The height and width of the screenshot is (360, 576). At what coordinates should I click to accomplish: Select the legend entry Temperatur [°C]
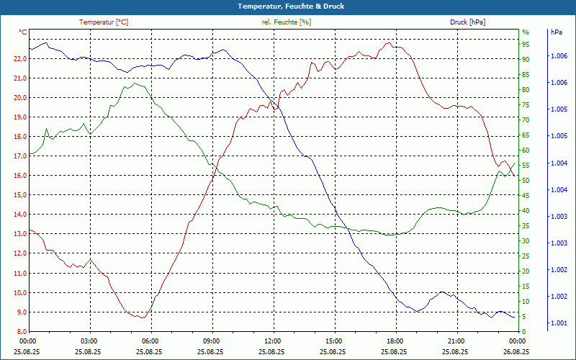(x=104, y=22)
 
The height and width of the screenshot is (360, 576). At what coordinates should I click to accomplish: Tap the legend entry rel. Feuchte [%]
(x=287, y=22)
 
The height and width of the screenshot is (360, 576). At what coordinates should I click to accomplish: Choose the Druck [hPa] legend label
(x=467, y=22)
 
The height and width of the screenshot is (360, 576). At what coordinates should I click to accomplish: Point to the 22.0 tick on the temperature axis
(x=19, y=58)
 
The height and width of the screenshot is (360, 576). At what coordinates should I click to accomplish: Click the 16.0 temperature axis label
(x=19, y=176)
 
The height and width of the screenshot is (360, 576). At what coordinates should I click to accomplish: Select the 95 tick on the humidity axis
(x=526, y=44)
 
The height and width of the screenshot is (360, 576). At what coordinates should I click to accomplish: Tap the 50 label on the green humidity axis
(x=526, y=181)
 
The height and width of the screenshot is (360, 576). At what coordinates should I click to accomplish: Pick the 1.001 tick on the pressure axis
(x=558, y=323)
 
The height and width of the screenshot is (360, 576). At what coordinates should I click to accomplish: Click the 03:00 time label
(x=89, y=341)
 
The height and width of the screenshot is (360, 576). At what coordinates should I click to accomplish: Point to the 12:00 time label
(x=273, y=341)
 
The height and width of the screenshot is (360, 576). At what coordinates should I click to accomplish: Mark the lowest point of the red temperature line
(x=144, y=318)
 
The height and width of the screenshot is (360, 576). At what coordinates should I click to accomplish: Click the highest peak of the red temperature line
(x=389, y=43)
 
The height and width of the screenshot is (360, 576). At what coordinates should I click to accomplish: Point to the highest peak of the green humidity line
(x=135, y=84)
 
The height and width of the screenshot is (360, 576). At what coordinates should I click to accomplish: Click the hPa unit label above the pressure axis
(x=556, y=32)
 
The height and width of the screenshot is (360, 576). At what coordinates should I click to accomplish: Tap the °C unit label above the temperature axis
(x=23, y=32)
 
